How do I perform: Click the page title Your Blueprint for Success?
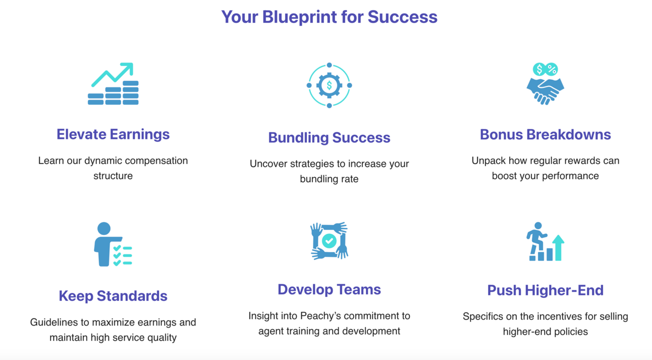[x=329, y=17]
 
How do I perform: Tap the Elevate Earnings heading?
[x=113, y=134]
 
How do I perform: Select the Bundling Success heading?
[x=329, y=138]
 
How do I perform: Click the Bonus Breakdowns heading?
[x=545, y=135]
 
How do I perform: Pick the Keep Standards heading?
[x=113, y=296]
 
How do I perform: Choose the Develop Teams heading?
[x=329, y=289]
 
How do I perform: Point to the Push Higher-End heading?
[x=545, y=290]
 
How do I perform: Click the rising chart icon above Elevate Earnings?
[x=113, y=84]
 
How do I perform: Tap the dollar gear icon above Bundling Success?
[x=329, y=85]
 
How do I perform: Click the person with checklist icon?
[x=112, y=244]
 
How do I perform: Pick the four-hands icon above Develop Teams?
[x=329, y=241]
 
